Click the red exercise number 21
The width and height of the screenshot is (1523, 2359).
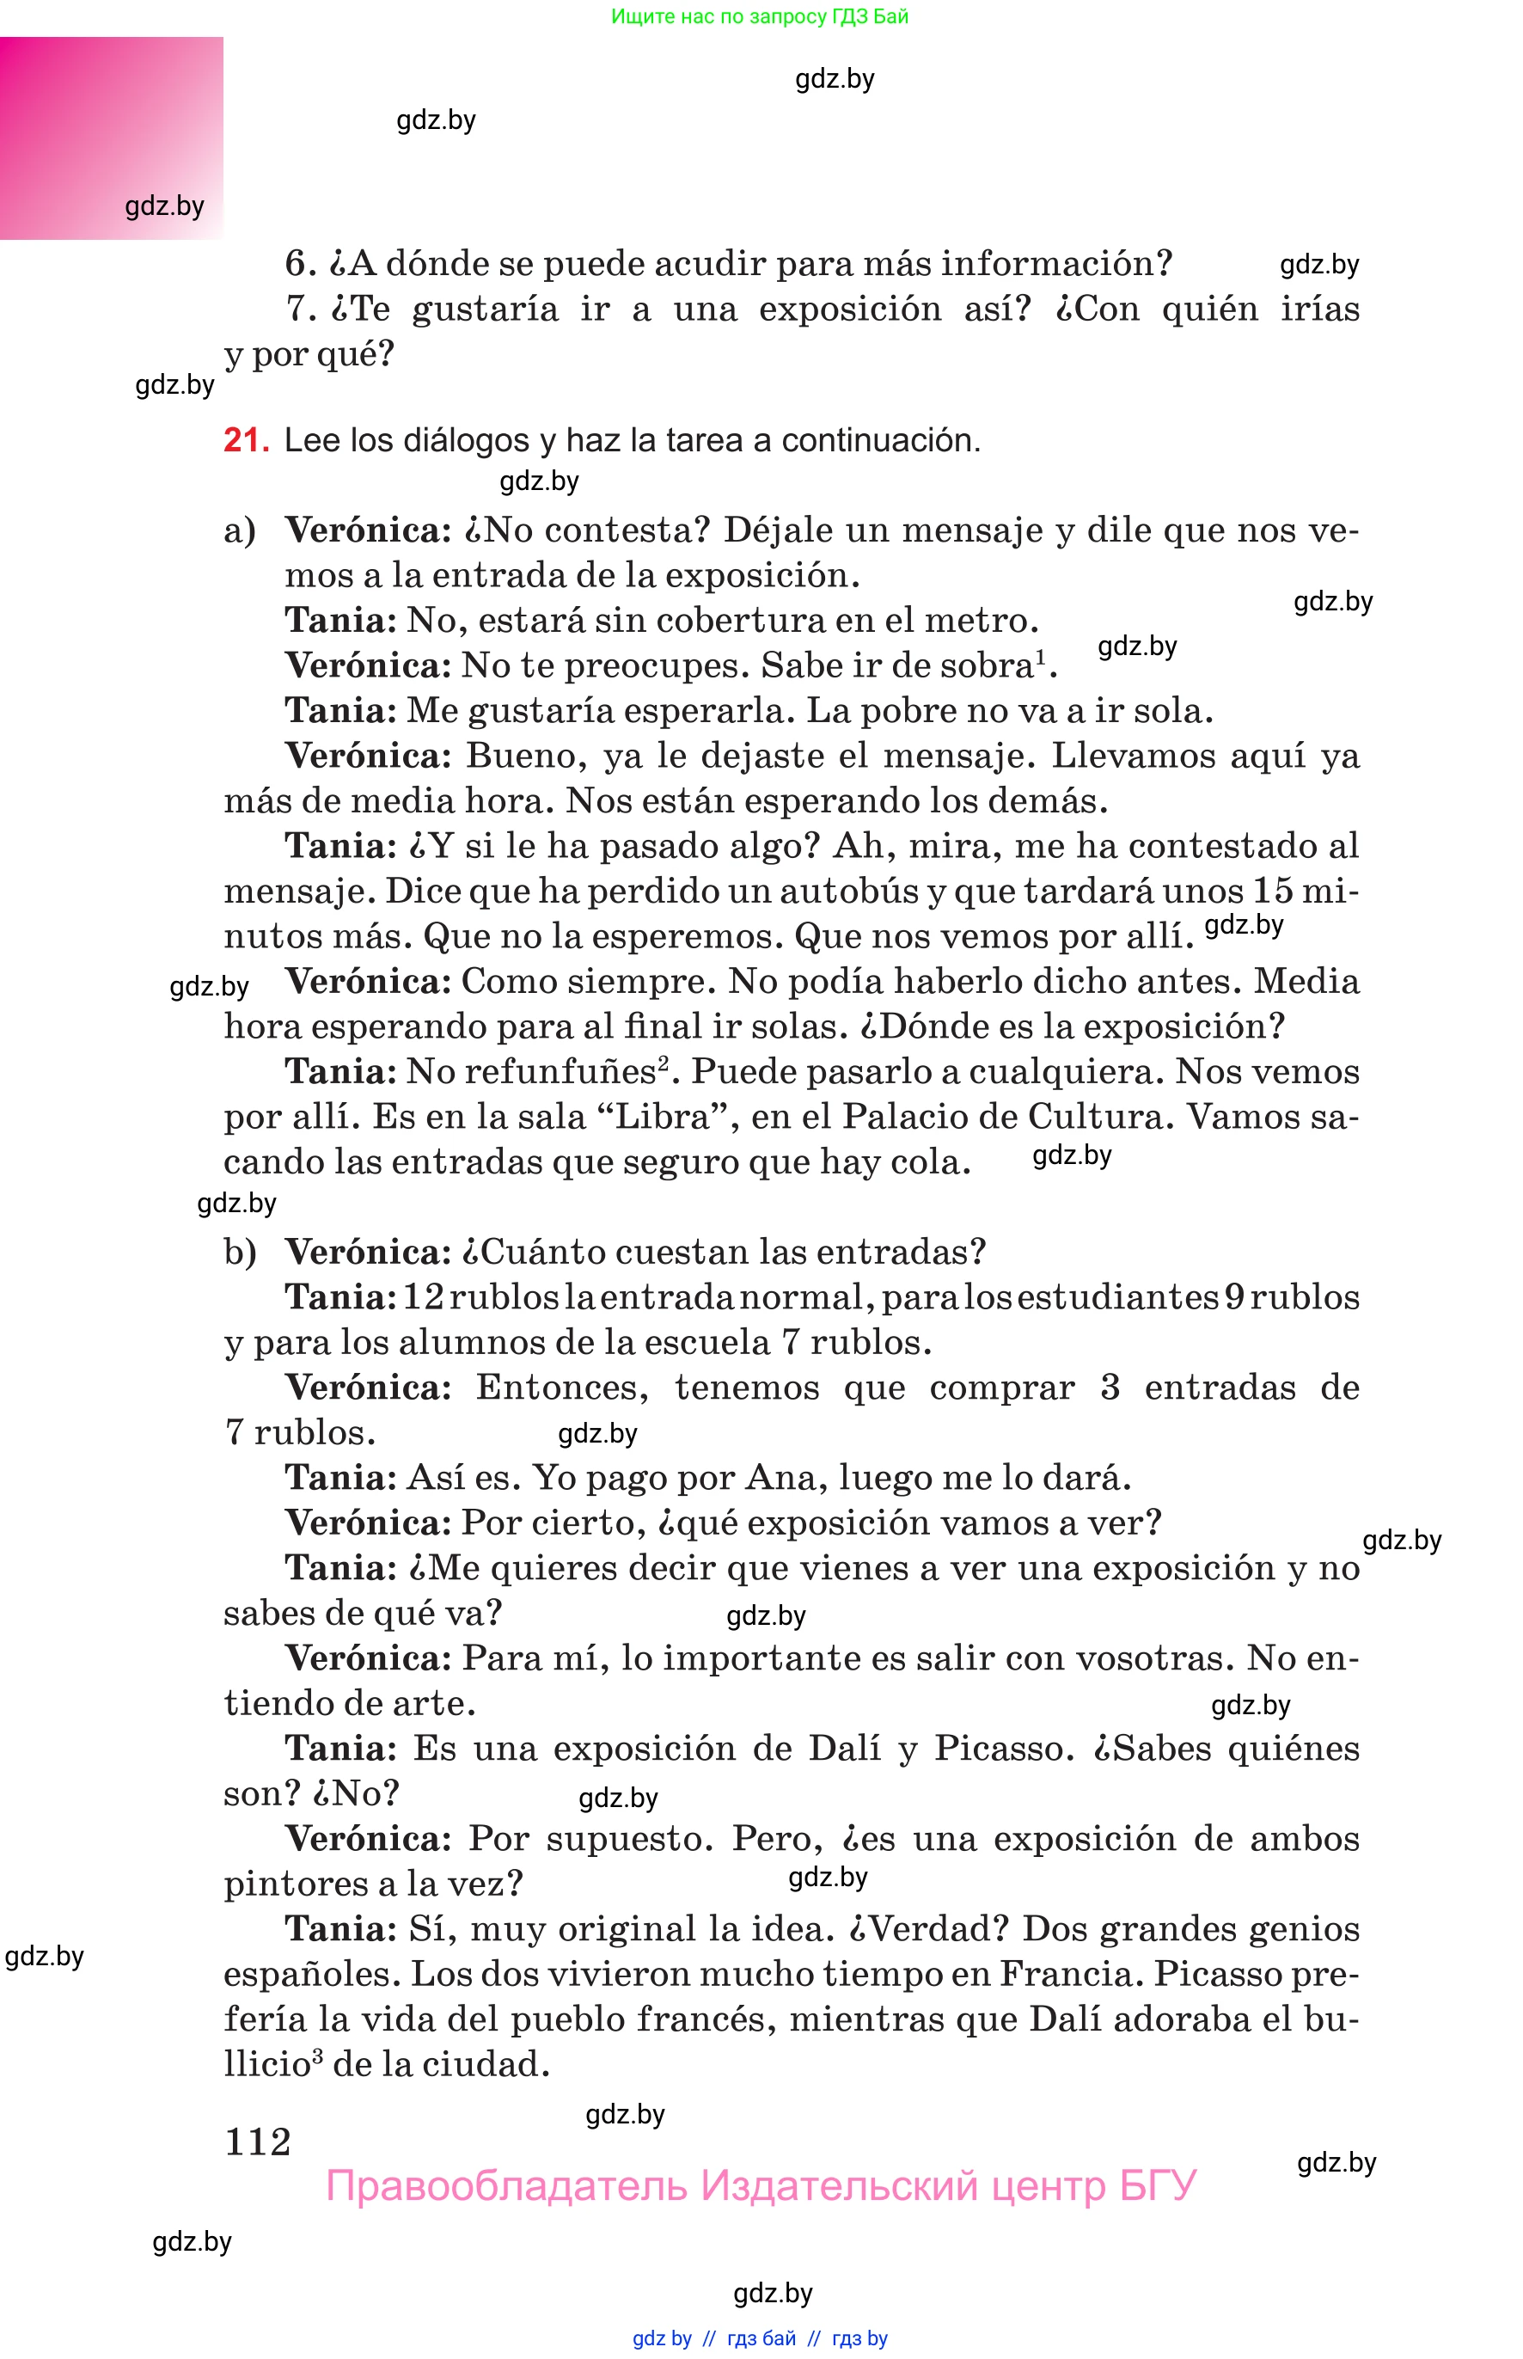click(x=244, y=440)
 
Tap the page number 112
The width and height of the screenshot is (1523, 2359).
click(x=258, y=2142)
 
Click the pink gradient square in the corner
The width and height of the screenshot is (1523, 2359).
click(x=111, y=138)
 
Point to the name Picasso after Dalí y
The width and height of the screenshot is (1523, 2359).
click(x=1003, y=1749)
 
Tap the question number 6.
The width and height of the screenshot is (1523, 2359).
click(x=298, y=264)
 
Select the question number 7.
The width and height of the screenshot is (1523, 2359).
click(x=298, y=309)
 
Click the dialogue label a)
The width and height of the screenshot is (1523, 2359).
click(x=241, y=531)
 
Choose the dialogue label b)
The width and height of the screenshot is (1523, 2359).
click(x=241, y=1253)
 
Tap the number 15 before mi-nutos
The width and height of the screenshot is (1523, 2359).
click(x=1272, y=892)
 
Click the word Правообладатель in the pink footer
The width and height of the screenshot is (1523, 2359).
click(x=505, y=2186)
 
